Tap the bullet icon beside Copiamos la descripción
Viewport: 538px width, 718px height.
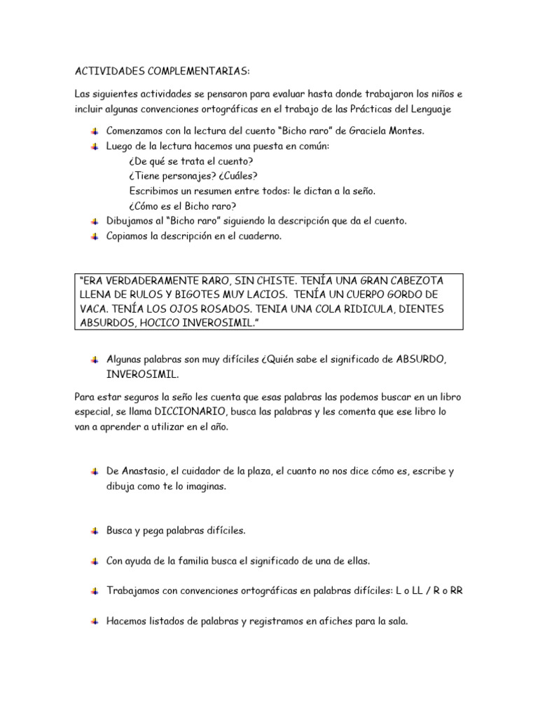95,236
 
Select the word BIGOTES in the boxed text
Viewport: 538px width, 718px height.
220,294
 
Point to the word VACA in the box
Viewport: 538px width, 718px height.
96,309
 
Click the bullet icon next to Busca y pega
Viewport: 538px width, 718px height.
95,531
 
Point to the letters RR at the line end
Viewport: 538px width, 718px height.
456,591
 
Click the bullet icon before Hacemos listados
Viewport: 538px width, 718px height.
95,621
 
